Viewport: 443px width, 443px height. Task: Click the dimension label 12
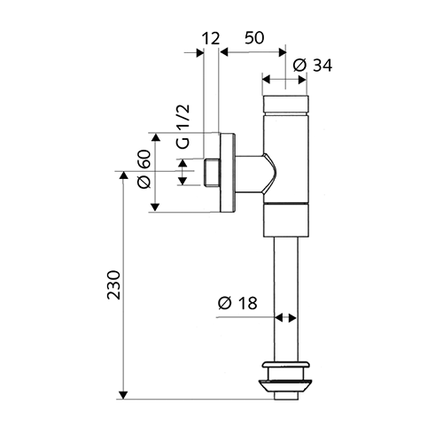[x=211, y=39]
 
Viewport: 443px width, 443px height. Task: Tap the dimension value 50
[x=254, y=38]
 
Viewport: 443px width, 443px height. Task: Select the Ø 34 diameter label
[x=313, y=66]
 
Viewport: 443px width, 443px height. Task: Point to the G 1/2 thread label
[x=183, y=127]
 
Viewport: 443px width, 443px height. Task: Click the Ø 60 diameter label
[x=144, y=169]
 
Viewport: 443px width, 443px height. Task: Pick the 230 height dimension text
[x=113, y=285]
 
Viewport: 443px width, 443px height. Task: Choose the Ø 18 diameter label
[x=237, y=303]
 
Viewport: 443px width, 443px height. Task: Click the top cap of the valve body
[x=285, y=105]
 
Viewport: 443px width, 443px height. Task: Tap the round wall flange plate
[x=227, y=173]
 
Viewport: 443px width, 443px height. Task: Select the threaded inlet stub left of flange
[x=212, y=173]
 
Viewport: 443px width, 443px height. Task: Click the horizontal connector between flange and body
[x=255, y=175]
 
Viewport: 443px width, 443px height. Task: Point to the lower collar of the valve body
[x=286, y=221]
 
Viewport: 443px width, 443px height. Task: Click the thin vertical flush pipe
[x=285, y=299]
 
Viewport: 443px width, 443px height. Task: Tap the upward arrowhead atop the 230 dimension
[x=123, y=175]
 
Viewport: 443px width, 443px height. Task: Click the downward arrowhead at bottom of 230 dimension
[x=123, y=395]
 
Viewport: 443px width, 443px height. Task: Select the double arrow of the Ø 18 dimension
[x=285, y=318]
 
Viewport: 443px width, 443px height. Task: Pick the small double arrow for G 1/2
[x=183, y=172]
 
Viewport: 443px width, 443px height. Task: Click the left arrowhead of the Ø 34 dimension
[x=267, y=80]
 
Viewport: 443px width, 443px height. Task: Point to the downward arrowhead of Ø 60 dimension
[x=155, y=207]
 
